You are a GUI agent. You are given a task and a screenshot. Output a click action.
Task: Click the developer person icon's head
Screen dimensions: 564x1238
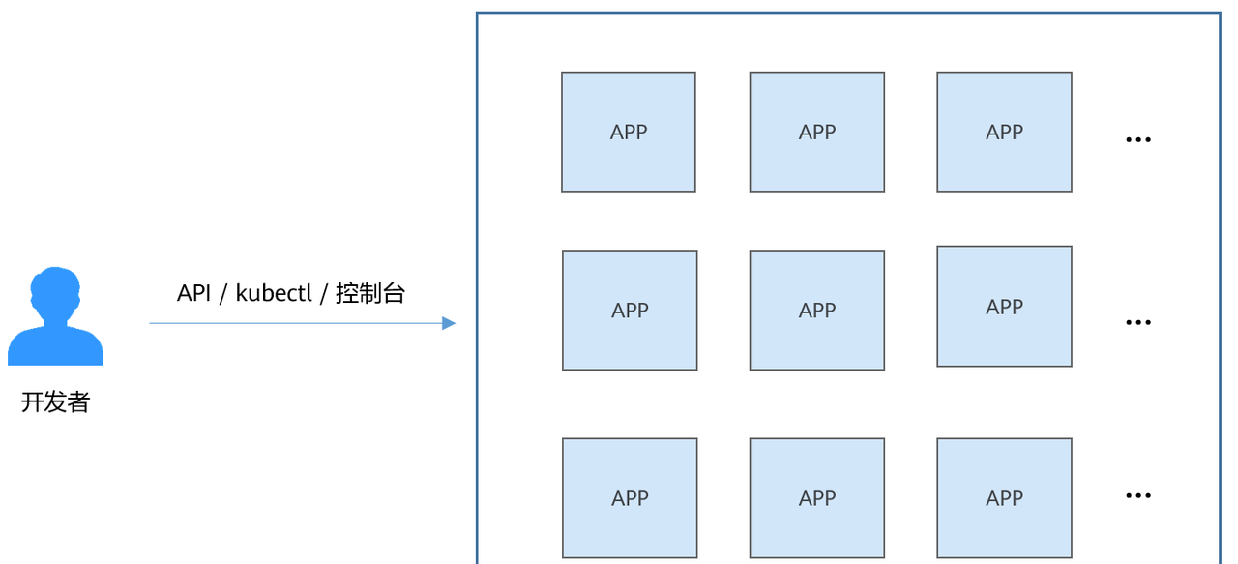pos(55,294)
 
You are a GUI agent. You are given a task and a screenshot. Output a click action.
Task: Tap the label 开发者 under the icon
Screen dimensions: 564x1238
pos(55,402)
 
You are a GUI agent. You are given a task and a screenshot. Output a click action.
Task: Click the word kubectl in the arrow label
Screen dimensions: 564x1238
pos(274,293)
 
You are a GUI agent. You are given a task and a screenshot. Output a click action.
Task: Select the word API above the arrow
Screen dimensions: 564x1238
pos(193,293)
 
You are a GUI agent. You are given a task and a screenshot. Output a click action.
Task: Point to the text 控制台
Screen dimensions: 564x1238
pos(370,293)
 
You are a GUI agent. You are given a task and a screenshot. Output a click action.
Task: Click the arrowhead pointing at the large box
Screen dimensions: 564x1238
pos(449,323)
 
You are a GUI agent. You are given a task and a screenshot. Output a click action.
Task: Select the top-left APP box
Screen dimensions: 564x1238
pos(629,132)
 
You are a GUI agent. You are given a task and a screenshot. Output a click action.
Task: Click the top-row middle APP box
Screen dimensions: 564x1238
pos(816,132)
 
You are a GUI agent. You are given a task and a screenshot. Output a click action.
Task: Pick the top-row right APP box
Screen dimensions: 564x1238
pos(1004,132)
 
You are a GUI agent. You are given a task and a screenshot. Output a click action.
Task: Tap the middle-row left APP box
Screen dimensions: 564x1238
pos(630,311)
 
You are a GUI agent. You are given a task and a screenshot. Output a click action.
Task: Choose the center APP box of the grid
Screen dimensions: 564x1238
pos(816,311)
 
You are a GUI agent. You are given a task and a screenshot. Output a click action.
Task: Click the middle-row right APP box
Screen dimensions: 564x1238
pos(1004,307)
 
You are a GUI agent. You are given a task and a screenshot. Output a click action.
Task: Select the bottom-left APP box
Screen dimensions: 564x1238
pos(630,497)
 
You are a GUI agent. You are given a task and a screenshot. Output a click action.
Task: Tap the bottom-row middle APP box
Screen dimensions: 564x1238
pos(816,497)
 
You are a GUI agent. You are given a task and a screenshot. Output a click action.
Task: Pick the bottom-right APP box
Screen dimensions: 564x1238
pos(1004,497)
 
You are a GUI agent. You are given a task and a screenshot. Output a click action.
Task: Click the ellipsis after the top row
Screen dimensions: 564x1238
pos(1138,140)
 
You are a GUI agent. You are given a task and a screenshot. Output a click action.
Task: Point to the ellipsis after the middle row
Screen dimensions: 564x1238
pos(1138,322)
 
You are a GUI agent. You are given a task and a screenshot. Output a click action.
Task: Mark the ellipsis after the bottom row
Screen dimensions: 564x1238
pos(1138,496)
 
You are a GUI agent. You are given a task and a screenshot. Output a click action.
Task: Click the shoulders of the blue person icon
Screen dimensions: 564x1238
pos(55,348)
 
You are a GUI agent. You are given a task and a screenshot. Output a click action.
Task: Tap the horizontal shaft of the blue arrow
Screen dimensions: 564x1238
pos(290,323)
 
